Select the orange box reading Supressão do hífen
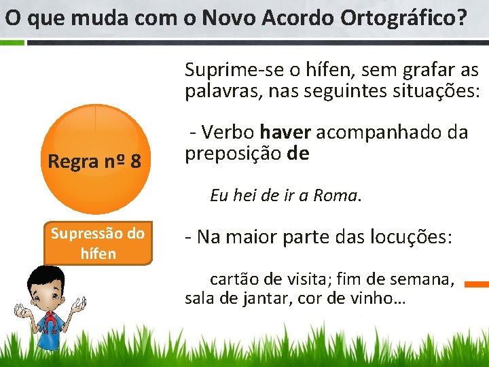[x=98, y=243]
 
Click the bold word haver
[x=285, y=132]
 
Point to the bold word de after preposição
[x=297, y=154]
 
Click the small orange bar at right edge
[x=478, y=284]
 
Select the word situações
[x=443, y=91]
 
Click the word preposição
[x=233, y=154]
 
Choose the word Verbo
[x=228, y=132]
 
